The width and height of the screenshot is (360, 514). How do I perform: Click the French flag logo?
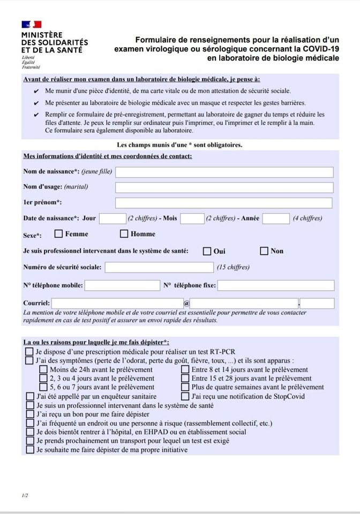(32, 25)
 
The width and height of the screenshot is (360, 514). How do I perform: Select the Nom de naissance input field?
(224, 172)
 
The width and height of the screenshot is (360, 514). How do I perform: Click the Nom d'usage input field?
(224, 187)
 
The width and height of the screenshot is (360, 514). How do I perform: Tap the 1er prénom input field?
(223, 203)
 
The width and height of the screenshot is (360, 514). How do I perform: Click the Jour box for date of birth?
(112, 218)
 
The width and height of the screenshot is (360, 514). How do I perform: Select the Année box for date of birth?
(276, 218)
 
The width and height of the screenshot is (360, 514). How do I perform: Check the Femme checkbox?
(59, 234)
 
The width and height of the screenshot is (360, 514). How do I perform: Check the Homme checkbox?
(124, 234)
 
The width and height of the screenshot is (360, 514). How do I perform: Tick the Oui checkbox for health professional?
(207, 251)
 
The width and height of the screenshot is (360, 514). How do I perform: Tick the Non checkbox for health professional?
(264, 251)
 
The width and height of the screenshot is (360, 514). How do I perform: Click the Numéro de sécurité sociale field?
(159, 267)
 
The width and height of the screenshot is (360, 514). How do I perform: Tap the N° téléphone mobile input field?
(122, 285)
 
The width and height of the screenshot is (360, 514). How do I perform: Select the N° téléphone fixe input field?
(276, 285)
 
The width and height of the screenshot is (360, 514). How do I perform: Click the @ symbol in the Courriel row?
(186, 304)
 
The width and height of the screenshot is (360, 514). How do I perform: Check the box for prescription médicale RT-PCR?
(30, 352)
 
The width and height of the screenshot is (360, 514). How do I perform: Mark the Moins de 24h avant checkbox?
(43, 369)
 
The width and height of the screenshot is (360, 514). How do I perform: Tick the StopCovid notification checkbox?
(185, 397)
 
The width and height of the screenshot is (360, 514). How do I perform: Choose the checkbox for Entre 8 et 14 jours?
(185, 369)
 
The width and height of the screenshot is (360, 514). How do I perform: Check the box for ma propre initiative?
(30, 450)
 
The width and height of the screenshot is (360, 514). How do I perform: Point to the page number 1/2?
(25, 495)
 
